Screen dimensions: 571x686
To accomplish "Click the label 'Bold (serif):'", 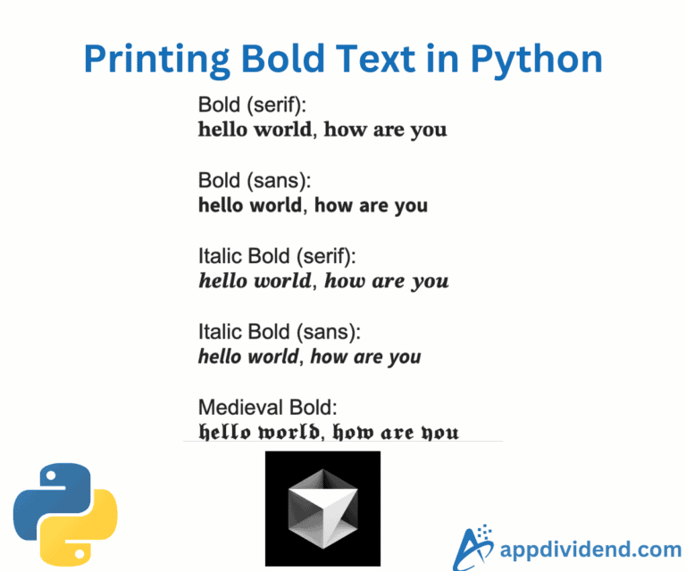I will tap(253, 105).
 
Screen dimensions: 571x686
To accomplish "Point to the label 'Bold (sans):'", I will tap(255, 180).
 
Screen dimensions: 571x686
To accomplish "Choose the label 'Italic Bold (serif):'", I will tap(277, 257).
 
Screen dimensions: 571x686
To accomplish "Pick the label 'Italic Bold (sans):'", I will tap(279, 333).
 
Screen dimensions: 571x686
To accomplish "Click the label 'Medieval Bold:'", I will tap(268, 408).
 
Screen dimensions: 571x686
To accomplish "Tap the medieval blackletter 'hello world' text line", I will tap(328, 433).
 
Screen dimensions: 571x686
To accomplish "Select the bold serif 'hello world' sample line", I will tap(322, 129).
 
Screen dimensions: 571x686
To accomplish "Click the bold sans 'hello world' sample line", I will tap(313, 205).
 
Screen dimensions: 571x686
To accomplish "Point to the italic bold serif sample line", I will tap(323, 281).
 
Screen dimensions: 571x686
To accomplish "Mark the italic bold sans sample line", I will tap(309, 357).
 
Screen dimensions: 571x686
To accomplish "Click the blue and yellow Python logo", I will tap(65, 515).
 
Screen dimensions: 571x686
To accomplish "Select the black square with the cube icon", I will tap(322, 508).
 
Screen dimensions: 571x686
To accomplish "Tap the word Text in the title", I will tap(400, 59).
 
